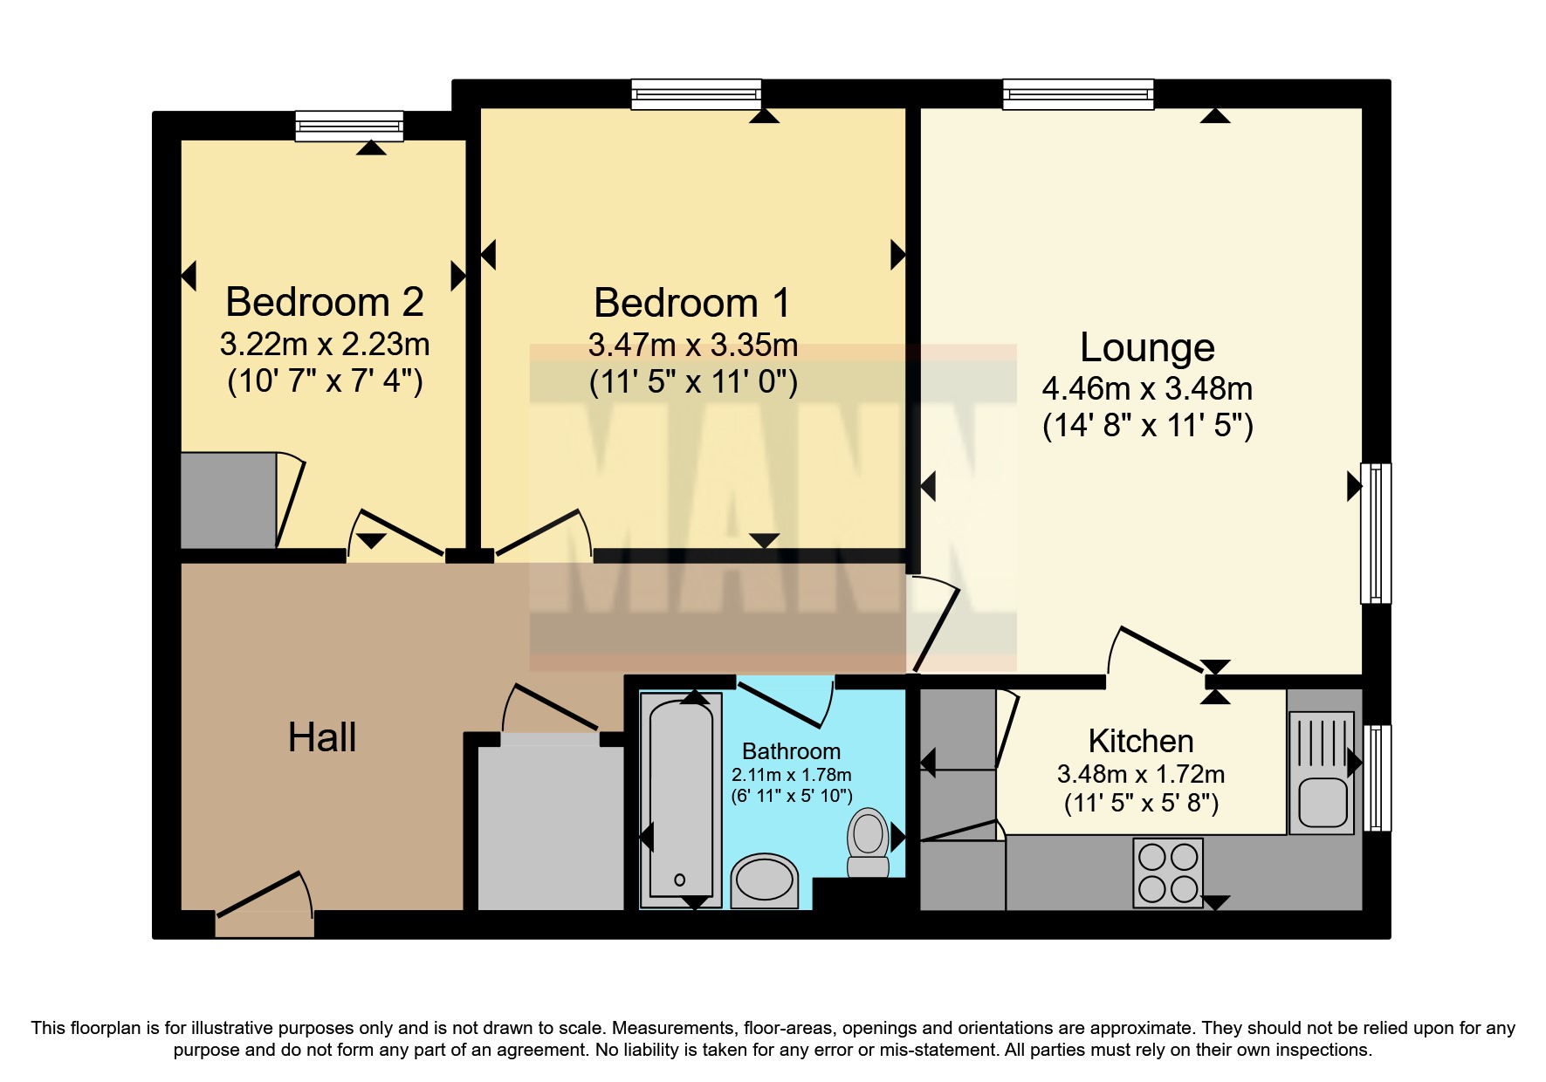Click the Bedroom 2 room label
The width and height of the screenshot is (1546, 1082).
[324, 303]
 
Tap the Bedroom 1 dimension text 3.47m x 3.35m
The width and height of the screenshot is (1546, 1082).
[692, 346]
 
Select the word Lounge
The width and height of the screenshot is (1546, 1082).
[1146, 347]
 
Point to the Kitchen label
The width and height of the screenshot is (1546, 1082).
[1140, 742]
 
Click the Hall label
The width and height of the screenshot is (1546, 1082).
[321, 738]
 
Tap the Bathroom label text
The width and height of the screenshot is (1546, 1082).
[791, 751]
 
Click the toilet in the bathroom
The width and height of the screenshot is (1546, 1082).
[868, 842]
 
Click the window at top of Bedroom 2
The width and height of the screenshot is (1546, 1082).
[349, 126]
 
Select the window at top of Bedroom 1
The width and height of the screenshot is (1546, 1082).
[696, 93]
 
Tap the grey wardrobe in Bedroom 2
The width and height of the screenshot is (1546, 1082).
[229, 500]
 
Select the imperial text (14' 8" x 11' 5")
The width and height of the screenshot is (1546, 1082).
[1147, 427]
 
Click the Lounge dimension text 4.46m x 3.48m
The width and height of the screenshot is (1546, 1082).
[1147, 387]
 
